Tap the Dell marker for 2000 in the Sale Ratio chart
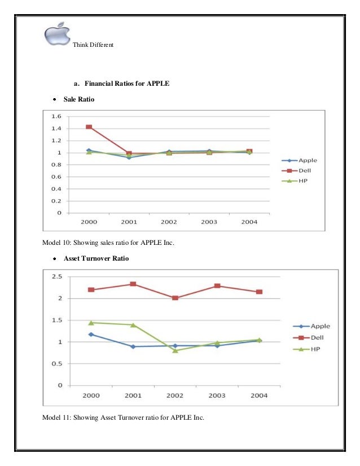coord(89,127)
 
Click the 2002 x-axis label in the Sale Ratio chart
coord(169,222)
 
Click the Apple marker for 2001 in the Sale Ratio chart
coord(129,157)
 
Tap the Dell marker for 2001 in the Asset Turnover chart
coord(133,284)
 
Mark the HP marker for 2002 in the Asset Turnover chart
coord(175,350)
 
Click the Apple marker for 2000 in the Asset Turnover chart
coord(91,334)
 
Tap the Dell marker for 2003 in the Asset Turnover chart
coord(217,286)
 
